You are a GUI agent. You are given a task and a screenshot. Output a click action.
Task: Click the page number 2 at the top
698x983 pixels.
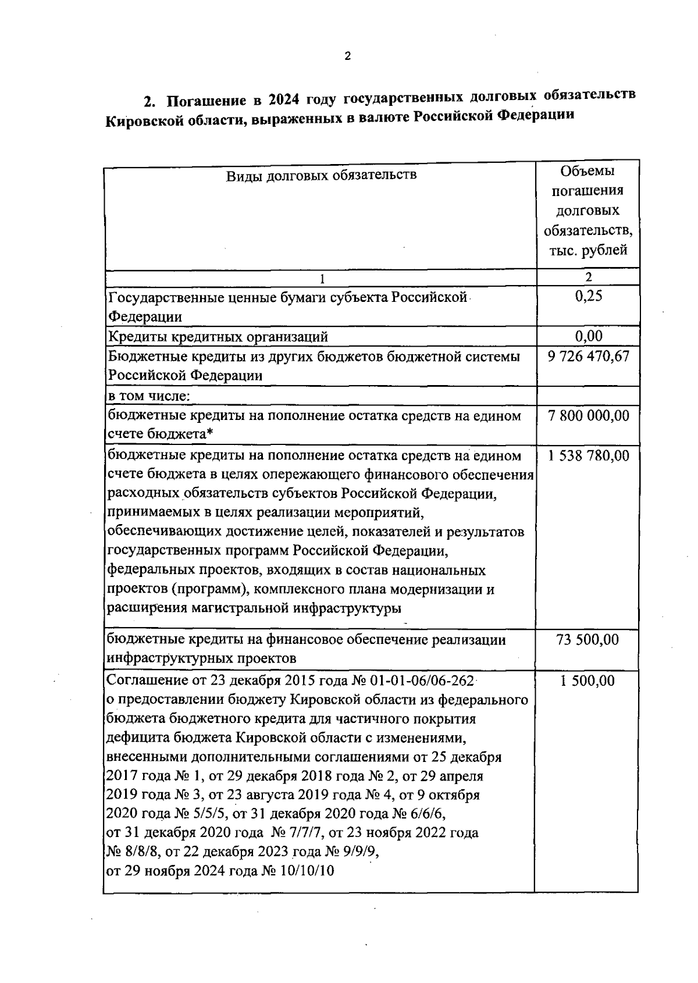pos(348,56)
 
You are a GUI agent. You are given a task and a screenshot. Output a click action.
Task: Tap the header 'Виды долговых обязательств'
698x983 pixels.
pos(321,174)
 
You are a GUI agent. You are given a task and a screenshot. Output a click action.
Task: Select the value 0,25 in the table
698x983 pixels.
pos(589,296)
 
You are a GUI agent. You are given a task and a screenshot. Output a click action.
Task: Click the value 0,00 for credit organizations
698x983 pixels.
pos(589,336)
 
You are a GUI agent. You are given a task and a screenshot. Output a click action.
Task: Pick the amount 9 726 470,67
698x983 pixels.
pos(589,356)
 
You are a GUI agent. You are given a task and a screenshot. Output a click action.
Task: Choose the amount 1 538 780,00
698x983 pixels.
pos(589,455)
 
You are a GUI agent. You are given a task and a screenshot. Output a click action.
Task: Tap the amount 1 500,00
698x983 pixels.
pos(587,681)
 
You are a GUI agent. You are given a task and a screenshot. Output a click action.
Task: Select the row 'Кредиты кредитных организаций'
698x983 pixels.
pos(218,336)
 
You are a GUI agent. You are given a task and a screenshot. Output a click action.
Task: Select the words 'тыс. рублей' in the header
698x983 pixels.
pos(588,250)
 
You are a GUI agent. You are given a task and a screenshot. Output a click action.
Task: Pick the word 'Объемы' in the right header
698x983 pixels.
pos(587,171)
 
